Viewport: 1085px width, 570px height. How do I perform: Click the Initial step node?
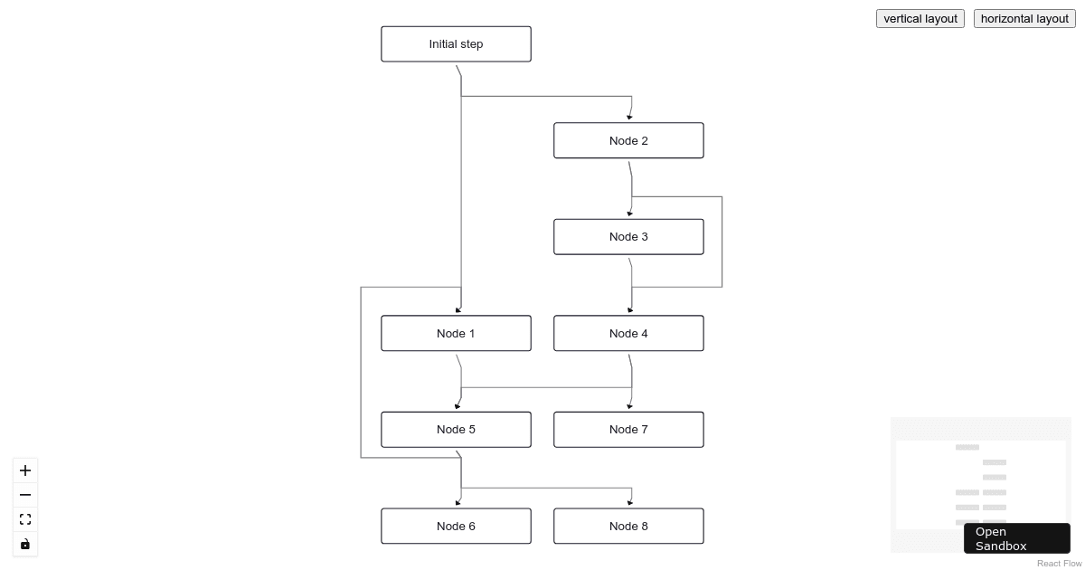456,44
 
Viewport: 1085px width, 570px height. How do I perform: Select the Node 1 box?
456,333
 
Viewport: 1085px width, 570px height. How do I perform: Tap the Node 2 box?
628,140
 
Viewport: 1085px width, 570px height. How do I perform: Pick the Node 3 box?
628,237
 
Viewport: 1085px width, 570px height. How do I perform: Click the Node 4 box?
628,333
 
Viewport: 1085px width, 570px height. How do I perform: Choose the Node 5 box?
456,430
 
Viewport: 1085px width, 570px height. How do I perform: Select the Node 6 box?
456,526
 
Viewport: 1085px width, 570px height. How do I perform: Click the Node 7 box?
628,430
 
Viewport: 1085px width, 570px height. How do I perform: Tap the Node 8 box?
628,526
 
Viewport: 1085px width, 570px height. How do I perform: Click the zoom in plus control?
25,470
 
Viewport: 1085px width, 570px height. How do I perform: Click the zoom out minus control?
25,495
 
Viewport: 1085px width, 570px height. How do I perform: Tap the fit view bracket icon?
25,519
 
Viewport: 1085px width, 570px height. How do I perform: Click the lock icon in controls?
25,544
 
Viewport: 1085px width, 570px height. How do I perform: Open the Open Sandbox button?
1016,538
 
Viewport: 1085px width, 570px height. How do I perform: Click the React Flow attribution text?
1059,564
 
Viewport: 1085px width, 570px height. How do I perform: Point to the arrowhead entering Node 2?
629,118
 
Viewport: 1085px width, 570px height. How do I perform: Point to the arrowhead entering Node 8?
630,503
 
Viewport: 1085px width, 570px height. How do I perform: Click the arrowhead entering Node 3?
629,214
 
